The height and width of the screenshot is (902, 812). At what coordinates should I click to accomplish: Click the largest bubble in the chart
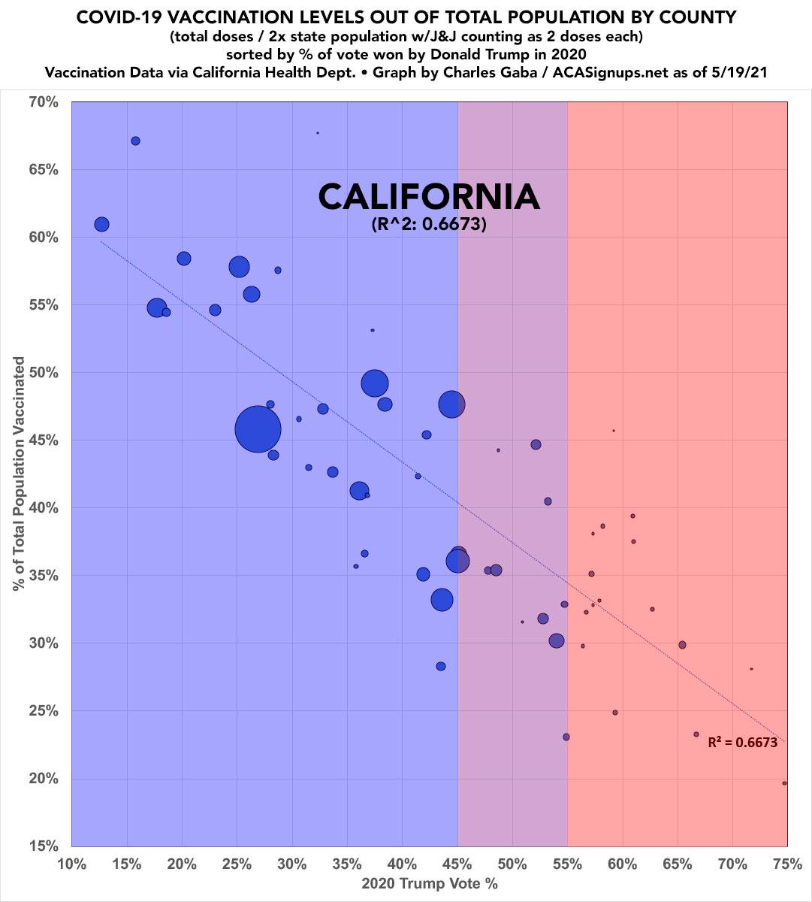point(258,429)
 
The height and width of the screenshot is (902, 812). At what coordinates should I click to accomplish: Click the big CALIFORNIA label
point(429,197)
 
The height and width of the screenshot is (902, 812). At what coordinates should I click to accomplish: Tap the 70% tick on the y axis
point(44,101)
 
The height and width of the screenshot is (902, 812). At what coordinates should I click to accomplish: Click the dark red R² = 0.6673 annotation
point(742,743)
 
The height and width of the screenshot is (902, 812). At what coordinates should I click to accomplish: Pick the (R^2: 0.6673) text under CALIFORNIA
point(429,224)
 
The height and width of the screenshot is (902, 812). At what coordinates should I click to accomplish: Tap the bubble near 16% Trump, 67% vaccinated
point(135,141)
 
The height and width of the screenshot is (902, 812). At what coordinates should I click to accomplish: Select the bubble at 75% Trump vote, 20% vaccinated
point(784,783)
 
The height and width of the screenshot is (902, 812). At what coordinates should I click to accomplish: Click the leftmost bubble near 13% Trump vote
point(102,224)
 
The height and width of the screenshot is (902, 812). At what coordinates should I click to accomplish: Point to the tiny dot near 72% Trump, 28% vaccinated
point(751,669)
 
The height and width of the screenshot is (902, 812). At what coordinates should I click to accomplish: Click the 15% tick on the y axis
point(44,846)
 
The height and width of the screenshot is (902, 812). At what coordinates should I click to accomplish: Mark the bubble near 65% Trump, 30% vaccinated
point(682,645)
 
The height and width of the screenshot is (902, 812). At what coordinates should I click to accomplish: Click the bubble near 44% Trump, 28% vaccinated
point(441,666)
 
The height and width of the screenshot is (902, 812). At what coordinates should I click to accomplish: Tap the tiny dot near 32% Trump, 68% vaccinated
point(318,133)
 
